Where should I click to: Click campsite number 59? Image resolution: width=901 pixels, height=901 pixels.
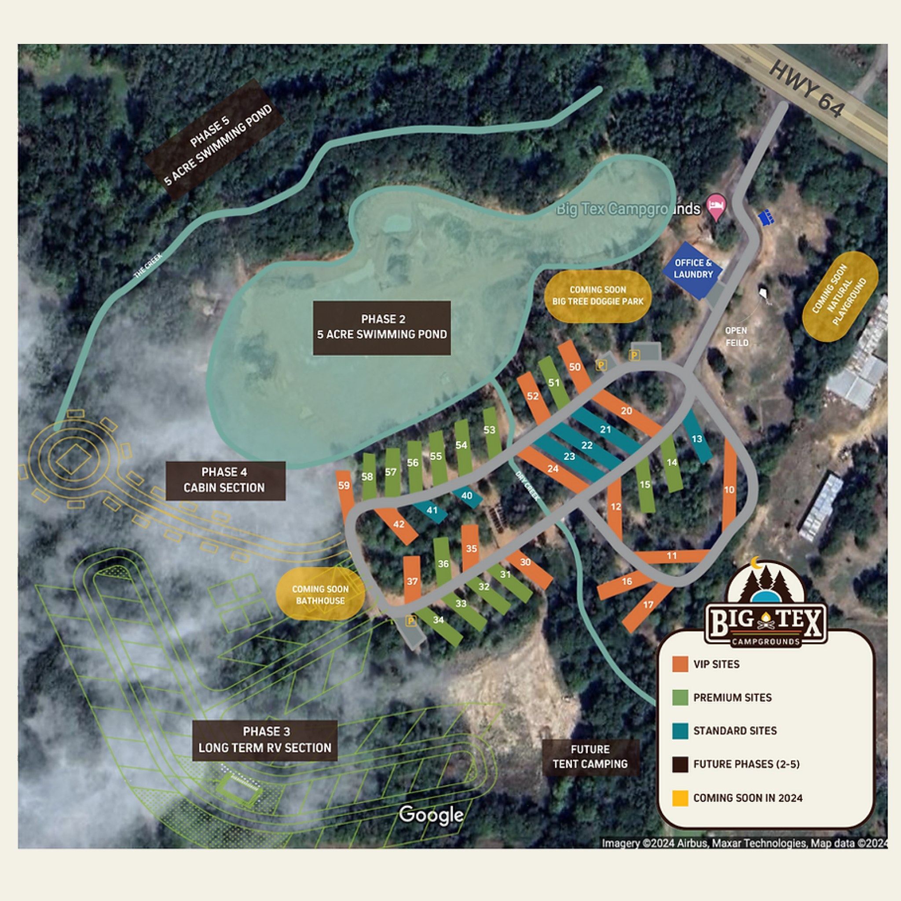pyautogui.click(x=344, y=486)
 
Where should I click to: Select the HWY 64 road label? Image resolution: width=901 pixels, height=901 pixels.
pyautogui.click(x=806, y=90)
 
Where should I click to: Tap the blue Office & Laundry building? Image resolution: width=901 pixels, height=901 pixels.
pyautogui.click(x=693, y=269)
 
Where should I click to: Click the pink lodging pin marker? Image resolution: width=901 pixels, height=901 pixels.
pyautogui.click(x=717, y=207)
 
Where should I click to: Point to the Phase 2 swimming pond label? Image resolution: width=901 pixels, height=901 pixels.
pyautogui.click(x=381, y=327)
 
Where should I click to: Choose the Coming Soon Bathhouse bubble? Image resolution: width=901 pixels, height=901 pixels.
pyautogui.click(x=320, y=595)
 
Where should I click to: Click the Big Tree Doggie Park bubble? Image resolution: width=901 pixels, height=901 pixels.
pyautogui.click(x=597, y=296)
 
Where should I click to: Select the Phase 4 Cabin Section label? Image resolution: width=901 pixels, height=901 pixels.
pyautogui.click(x=225, y=480)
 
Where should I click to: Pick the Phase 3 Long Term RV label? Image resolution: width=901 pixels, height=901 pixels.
pyautogui.click(x=264, y=740)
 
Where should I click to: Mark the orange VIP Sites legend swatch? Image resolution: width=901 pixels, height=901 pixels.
pyautogui.click(x=680, y=664)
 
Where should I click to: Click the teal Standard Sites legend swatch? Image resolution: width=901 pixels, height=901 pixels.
pyautogui.click(x=680, y=731)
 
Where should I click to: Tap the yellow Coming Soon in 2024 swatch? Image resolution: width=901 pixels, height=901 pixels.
pyautogui.click(x=680, y=798)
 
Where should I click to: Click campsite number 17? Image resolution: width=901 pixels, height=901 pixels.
pyautogui.click(x=648, y=605)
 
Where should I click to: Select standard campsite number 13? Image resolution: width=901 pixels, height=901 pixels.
pyautogui.click(x=697, y=439)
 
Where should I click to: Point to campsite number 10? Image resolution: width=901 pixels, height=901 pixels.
pyautogui.click(x=729, y=490)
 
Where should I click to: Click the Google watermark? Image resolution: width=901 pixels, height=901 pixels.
pyautogui.click(x=431, y=815)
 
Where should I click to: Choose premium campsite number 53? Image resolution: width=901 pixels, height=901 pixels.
pyautogui.click(x=489, y=430)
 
